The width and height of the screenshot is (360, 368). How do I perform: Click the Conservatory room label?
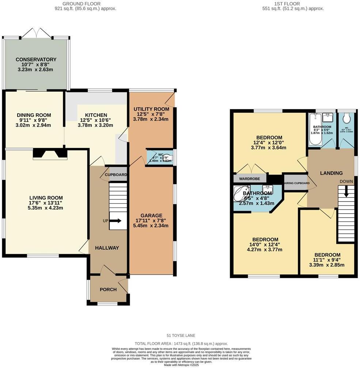click(x=36, y=60)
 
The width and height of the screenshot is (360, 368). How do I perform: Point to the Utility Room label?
click(x=151, y=109)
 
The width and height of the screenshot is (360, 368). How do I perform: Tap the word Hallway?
click(x=107, y=248)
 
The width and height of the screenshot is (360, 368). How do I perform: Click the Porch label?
click(x=108, y=290)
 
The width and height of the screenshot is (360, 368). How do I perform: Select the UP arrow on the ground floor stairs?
click(x=117, y=221)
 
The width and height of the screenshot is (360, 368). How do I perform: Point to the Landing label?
click(x=331, y=173)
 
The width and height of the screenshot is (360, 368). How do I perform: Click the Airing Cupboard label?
click(x=297, y=183)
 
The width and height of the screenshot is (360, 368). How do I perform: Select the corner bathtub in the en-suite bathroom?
click(x=240, y=194)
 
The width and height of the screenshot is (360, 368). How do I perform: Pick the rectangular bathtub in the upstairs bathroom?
click(x=314, y=128)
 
